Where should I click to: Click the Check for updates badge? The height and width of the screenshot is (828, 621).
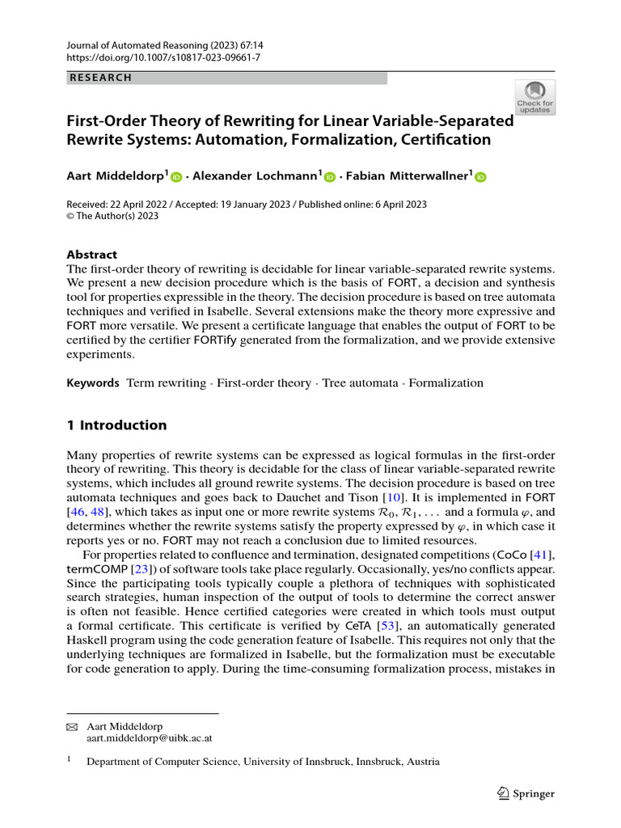(534, 97)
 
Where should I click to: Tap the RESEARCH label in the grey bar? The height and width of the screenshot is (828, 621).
(100, 78)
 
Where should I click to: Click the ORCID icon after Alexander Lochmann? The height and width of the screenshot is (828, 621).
(330, 177)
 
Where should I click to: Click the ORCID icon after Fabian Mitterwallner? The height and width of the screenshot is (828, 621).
(480, 177)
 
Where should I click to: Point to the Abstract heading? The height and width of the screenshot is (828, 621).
(91, 254)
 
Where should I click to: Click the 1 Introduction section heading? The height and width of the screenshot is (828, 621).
(116, 425)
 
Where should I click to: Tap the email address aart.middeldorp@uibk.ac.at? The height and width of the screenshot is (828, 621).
(149, 738)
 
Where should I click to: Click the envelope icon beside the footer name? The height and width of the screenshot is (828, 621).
(71, 727)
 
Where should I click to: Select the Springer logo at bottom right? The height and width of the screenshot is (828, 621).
(526, 793)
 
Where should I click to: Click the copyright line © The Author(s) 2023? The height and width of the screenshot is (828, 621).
(112, 216)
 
